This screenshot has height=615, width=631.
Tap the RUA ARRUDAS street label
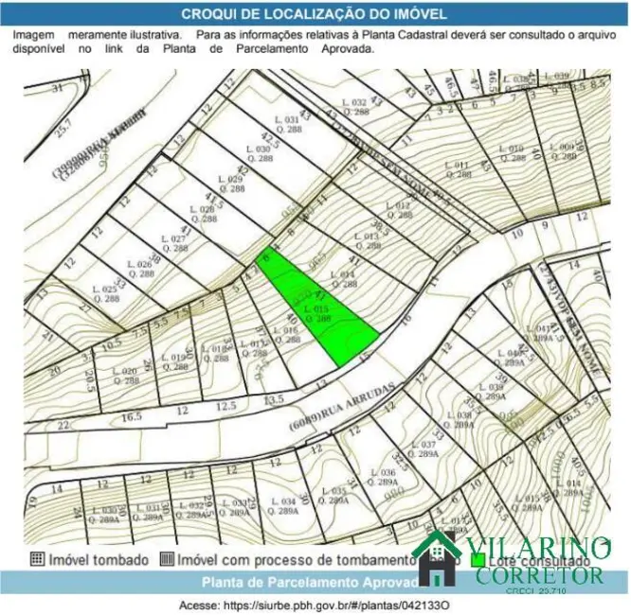pos(338,406)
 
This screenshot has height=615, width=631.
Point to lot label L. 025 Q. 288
pos(107,292)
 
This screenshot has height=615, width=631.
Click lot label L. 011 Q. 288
pos(457,169)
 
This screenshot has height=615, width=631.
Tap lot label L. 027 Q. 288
pos(173,244)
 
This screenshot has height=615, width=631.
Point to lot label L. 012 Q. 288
pos(400,210)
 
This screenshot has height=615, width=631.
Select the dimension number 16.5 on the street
pos(132,416)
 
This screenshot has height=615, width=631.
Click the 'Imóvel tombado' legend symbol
pos(37,559)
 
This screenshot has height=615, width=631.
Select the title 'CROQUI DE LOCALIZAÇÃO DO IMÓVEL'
pos(315,14)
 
